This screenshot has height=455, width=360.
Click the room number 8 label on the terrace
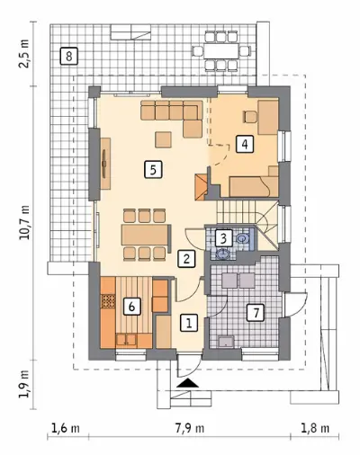69,56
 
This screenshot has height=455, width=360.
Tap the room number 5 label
153,170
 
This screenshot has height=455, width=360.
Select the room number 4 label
245,145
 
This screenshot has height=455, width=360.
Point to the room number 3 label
223,239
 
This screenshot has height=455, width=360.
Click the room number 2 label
186,259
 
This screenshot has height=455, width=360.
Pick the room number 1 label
189,323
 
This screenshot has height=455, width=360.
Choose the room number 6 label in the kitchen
131,307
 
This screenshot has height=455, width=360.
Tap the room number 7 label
256,313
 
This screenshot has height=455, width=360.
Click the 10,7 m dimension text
24,222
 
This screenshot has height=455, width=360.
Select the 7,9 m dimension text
190,428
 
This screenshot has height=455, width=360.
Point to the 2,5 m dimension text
24,54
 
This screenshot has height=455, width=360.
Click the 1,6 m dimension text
66,428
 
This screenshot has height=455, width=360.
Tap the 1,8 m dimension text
315,428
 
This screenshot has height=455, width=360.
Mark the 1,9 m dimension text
24,384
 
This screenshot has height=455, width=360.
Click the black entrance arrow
187,383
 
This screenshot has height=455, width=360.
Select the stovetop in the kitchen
108,301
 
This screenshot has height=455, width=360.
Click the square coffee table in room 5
164,139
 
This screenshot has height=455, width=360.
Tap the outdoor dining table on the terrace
221,51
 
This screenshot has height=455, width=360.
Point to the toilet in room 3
242,238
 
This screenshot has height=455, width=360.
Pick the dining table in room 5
145,235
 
